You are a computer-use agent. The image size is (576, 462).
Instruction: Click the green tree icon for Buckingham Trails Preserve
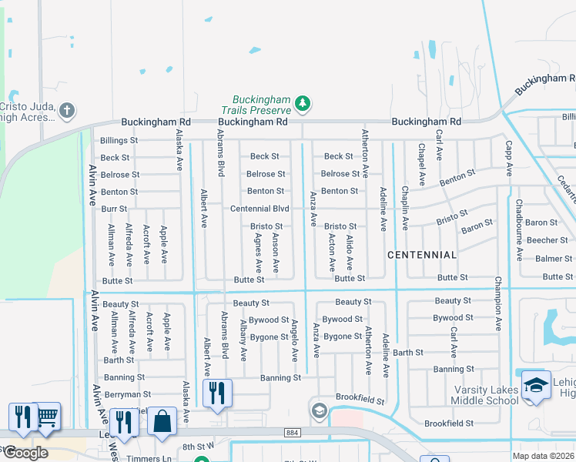[303, 102]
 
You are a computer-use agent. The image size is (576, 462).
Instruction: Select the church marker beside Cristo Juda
[67, 110]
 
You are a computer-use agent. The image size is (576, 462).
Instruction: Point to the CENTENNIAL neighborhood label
[421, 255]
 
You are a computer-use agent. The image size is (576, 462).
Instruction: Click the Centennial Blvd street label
[260, 209]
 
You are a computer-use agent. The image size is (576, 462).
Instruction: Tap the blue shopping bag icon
[162, 421]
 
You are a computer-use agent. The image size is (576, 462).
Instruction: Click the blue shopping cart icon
[47, 416]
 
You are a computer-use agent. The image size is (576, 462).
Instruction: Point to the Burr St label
[113, 209]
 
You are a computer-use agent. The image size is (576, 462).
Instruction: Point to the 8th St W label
[197, 446]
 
